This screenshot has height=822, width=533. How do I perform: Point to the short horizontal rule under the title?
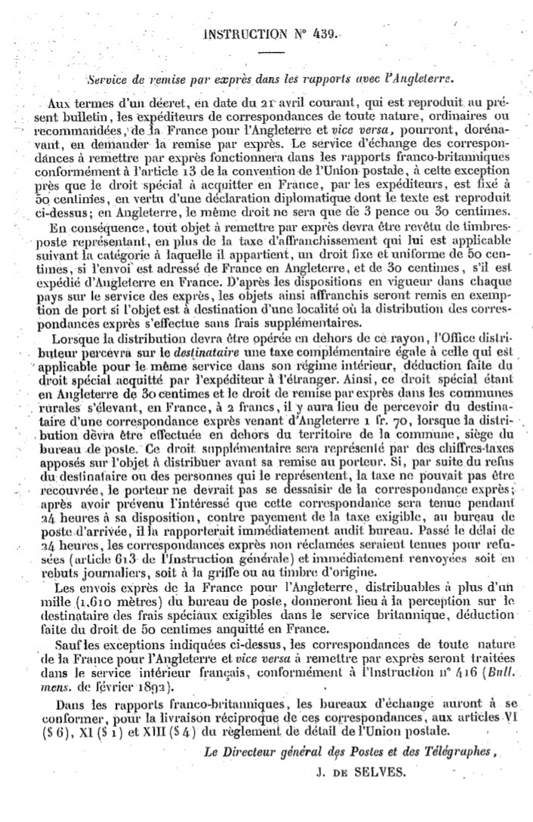[271, 53]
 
